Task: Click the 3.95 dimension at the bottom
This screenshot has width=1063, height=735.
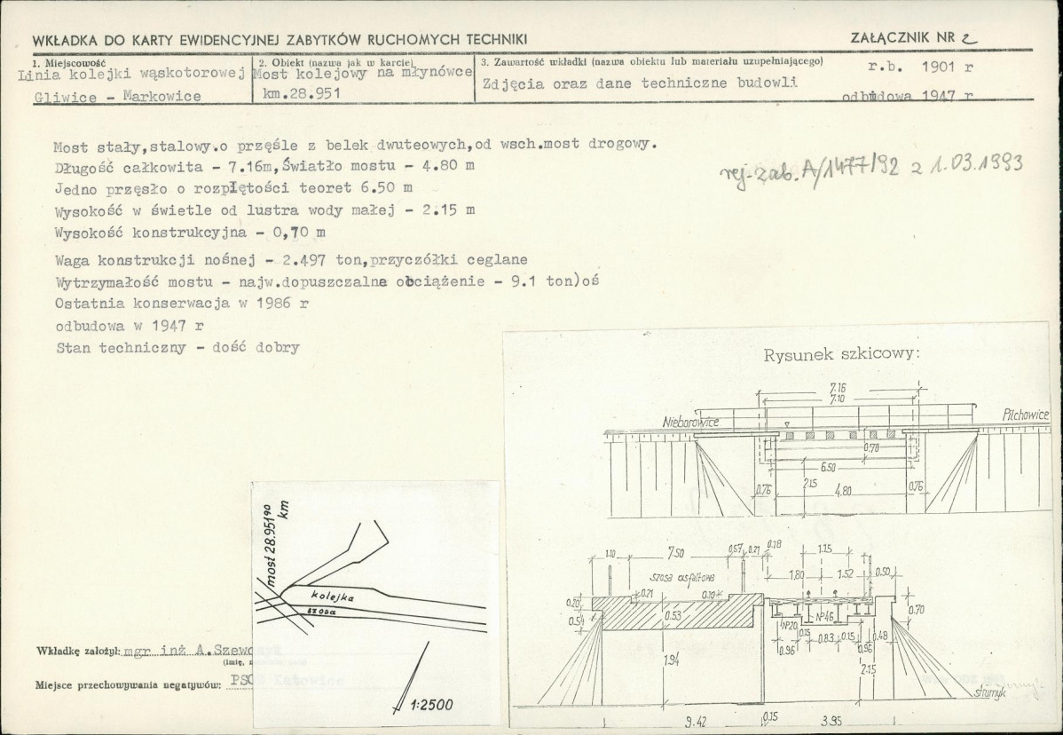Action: pyautogui.click(x=832, y=720)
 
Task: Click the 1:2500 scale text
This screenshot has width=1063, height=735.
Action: pyautogui.click(x=433, y=707)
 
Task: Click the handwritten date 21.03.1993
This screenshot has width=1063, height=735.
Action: pyautogui.click(x=969, y=165)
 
